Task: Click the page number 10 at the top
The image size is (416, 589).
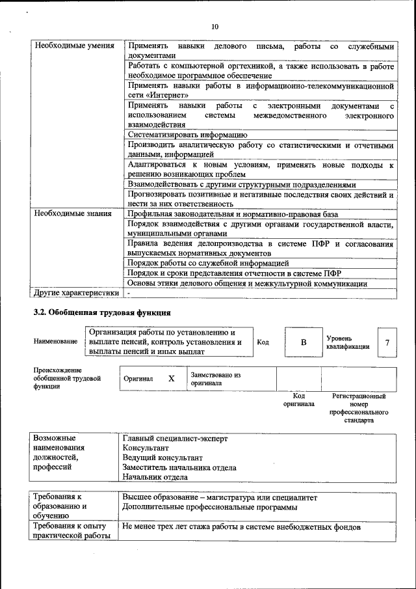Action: [214, 26]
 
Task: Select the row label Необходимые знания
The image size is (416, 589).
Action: [73, 213]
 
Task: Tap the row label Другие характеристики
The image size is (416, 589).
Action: [76, 293]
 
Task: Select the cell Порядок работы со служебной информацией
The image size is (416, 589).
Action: [208, 264]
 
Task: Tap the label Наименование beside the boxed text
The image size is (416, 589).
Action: [55, 342]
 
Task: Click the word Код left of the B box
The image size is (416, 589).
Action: [263, 342]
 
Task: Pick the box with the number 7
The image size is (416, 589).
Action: [387, 342]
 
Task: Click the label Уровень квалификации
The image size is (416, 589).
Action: [348, 342]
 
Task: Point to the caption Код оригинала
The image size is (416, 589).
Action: [298, 400]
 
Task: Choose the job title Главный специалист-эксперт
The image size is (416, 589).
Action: [175, 439]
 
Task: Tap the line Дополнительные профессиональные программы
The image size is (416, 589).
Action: [209, 506]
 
